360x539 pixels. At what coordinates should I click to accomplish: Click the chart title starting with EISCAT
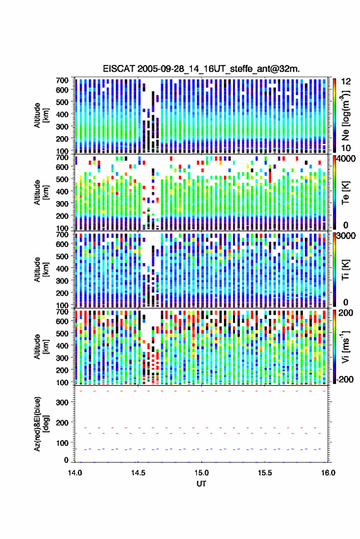201,69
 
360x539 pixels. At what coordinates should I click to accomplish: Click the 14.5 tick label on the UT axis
138,473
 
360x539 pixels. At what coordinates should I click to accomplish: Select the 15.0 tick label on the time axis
202,473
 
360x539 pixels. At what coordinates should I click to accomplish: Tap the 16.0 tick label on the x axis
328,473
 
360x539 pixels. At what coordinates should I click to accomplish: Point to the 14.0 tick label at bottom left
75,473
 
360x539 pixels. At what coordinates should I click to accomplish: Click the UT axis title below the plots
202,484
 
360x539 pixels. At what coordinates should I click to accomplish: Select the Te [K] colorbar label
345,192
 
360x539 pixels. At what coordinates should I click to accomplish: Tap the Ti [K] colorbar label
345,270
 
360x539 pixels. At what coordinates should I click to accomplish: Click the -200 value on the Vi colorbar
345,380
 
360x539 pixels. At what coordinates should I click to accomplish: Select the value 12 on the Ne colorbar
346,82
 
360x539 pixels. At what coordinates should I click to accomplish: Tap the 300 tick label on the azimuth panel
62,402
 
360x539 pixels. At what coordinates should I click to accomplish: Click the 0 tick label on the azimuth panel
66,460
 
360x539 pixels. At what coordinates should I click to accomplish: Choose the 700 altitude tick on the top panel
62,80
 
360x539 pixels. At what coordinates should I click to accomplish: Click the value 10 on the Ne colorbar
346,148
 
